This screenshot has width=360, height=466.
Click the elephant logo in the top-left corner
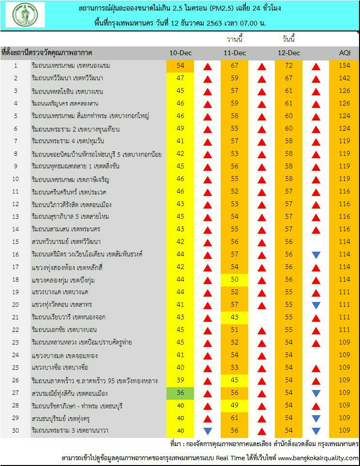25,15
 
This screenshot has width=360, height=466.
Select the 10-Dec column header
180,53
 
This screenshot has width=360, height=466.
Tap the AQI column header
345,53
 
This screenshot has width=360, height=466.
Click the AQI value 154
345,66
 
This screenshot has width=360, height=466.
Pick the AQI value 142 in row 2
345,78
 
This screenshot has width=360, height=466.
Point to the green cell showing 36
180,393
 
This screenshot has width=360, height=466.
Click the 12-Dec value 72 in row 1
289,66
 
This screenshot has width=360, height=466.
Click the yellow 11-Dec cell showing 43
235,317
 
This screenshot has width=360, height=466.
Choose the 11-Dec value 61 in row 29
235,418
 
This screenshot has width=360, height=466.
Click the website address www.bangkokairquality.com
317,458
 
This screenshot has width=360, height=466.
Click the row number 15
15,242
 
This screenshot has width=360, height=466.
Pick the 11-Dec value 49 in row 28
235,406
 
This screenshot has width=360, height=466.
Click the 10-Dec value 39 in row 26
180,380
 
